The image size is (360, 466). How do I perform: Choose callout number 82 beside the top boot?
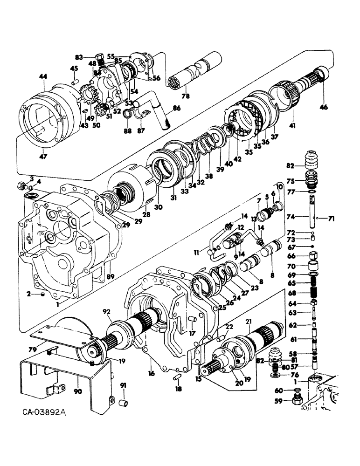(x=290, y=166)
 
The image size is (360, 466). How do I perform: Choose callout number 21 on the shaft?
(x=249, y=322)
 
